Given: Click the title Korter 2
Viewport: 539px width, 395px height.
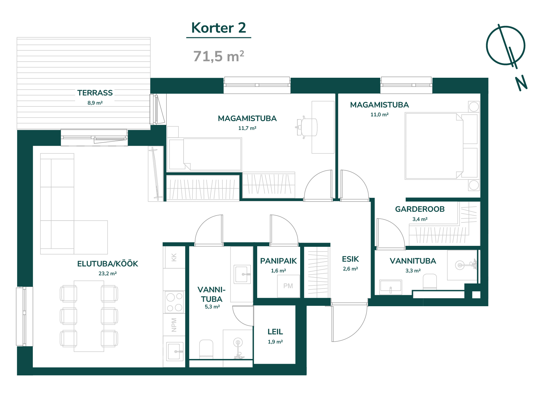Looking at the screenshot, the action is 219,28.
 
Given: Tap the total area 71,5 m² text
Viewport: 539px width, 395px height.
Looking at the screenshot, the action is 219,56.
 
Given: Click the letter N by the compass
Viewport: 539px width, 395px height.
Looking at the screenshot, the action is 521,83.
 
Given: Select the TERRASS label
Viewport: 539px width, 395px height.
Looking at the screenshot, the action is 95,93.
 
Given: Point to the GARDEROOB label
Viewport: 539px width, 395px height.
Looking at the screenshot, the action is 420,209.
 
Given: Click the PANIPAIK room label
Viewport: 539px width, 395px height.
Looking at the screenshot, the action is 278,261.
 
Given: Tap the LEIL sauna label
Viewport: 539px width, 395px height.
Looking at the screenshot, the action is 275,332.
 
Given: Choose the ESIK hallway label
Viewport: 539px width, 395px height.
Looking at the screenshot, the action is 350,259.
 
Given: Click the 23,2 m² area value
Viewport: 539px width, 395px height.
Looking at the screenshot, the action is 107,273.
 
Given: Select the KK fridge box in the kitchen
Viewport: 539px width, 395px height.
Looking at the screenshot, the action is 174,257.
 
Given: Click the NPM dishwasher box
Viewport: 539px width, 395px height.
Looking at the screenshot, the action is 174,325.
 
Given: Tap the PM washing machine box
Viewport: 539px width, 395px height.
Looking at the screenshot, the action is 288,286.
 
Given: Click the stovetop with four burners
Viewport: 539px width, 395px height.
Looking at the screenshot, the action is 174,302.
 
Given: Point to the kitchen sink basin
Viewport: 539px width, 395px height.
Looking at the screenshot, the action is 174,351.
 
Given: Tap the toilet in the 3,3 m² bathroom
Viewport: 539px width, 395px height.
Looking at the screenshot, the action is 430,281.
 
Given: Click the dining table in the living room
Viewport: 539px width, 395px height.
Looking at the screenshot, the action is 89,316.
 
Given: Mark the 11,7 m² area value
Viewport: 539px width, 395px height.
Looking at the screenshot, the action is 247,128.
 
